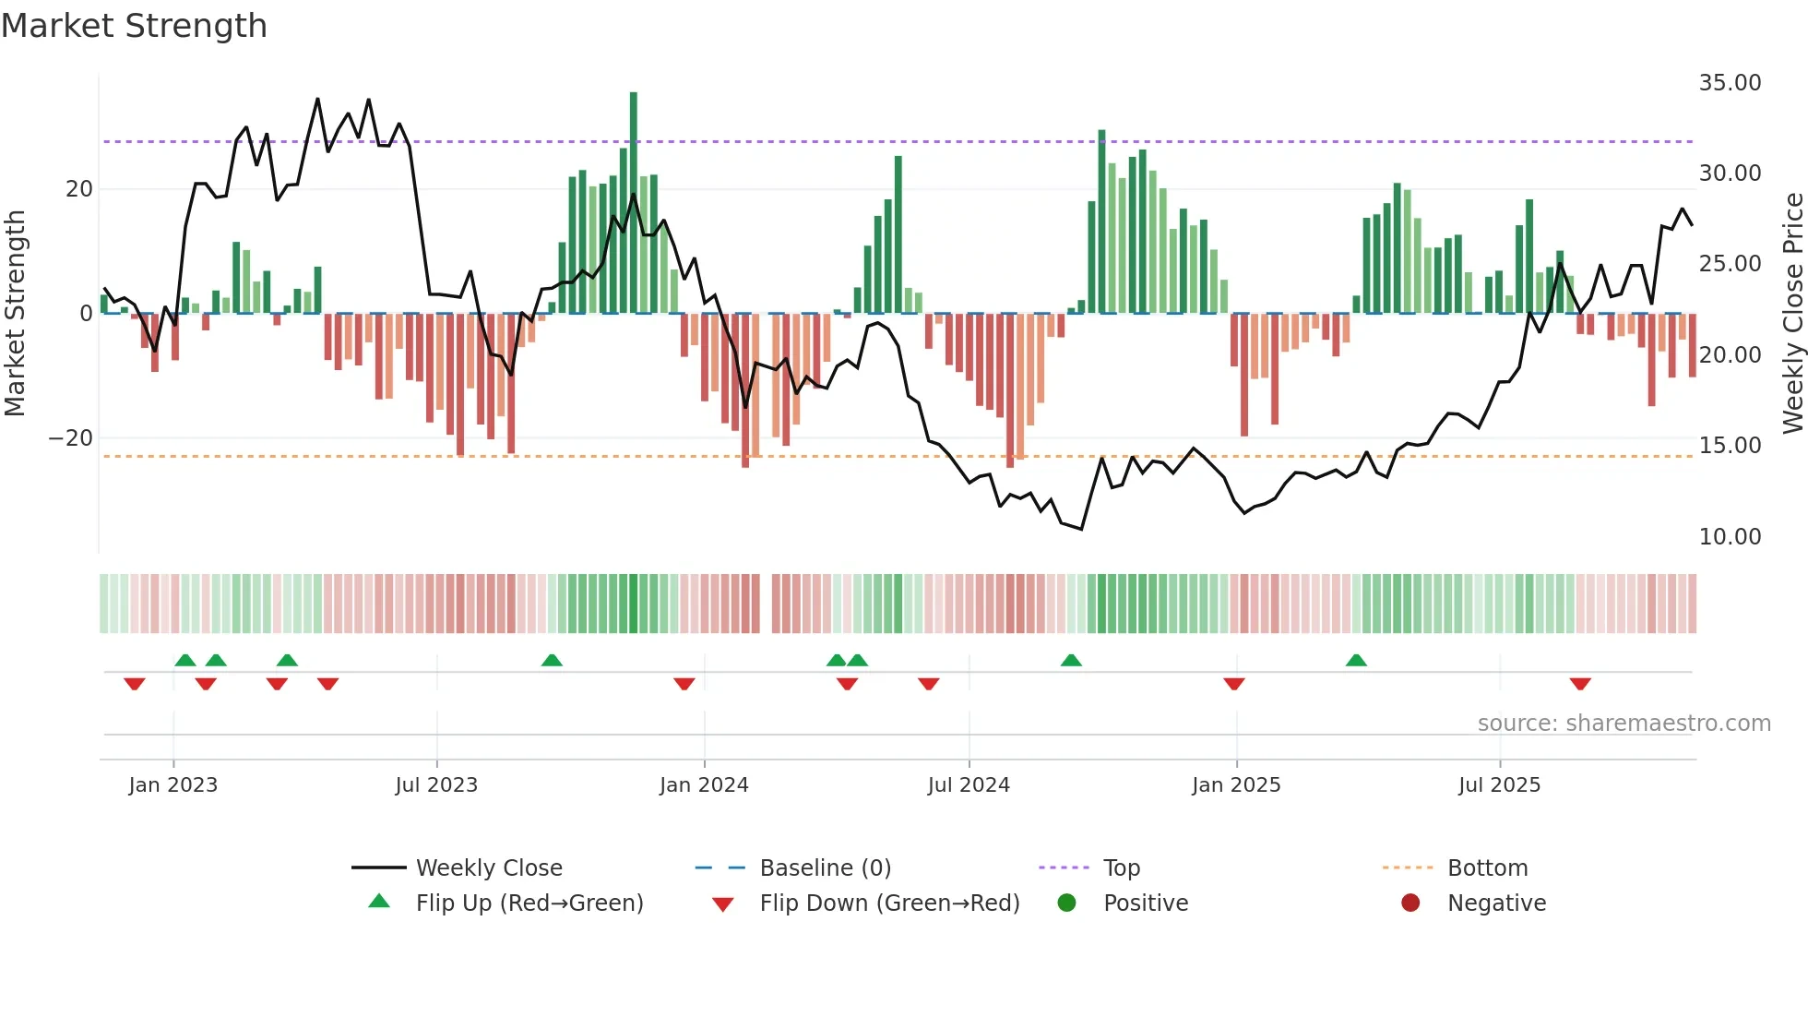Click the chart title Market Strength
tap(134, 26)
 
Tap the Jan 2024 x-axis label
tap(704, 785)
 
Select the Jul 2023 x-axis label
tap(436, 785)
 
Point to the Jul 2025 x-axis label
tap(1499, 785)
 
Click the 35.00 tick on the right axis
tap(1730, 83)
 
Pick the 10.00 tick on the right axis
tap(1730, 537)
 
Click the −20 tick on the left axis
tap(71, 438)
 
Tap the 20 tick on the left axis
tap(79, 189)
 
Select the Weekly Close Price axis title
tap(1792, 314)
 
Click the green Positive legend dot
tap(1066, 903)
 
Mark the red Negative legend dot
tap(1410, 903)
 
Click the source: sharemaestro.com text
tap(1624, 724)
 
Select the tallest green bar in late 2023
tap(634, 203)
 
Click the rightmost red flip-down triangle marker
tap(1580, 684)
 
